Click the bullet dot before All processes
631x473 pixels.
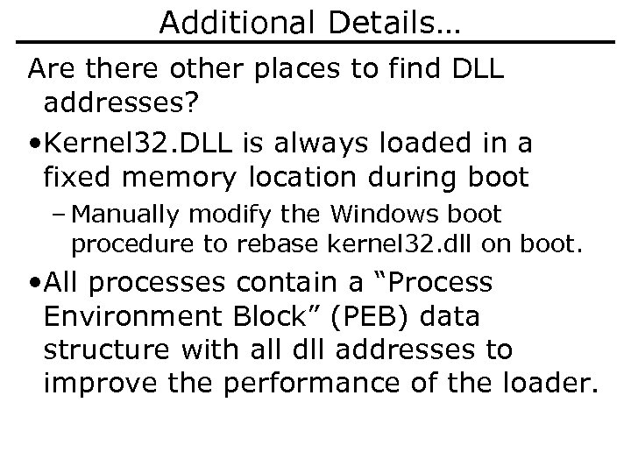(34, 283)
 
